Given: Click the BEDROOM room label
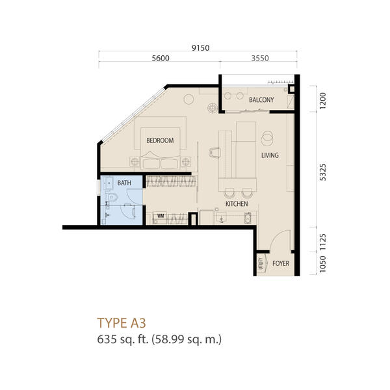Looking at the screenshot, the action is click(160, 140).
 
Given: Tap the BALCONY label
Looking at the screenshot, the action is click(261, 100).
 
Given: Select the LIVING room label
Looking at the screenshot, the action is click(270, 155).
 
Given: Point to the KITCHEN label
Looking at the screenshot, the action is click(237, 204).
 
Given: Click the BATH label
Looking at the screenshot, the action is click(124, 183).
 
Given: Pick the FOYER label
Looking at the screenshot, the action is click(281, 263).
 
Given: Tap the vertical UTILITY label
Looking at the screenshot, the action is click(261, 263).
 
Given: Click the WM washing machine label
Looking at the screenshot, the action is click(161, 216).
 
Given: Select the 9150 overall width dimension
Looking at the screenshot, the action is click(200, 47).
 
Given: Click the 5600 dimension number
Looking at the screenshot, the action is click(161, 58).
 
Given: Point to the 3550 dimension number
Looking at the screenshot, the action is click(260, 58).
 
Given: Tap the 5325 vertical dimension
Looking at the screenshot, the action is click(322, 172).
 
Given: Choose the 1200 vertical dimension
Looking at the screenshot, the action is click(322, 101).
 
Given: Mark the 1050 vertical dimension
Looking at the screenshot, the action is click(322, 264).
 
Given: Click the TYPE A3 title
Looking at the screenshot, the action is click(122, 323).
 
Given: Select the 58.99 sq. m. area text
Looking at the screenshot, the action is click(187, 339).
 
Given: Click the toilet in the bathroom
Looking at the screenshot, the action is click(112, 197).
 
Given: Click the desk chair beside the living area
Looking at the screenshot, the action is click(215, 152).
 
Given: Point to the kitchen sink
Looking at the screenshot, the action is click(220, 218).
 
